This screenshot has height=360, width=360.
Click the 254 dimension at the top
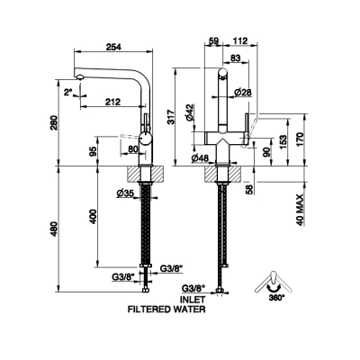click(113, 47)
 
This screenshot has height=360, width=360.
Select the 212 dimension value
click(112, 102)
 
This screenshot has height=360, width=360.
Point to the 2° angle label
click(68, 92)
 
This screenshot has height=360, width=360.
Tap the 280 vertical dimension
click(54, 123)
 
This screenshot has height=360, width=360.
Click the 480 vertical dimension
click(54, 229)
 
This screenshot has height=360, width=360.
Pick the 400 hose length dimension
click(94, 216)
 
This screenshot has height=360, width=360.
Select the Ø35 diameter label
click(125, 193)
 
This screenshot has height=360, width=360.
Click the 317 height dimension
click(170, 117)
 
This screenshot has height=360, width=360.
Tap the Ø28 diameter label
click(243, 93)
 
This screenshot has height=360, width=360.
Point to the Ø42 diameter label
click(190, 112)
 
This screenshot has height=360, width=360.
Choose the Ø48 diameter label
click(200, 157)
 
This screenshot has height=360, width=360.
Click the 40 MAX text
click(301, 210)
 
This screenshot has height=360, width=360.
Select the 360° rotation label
click(274, 298)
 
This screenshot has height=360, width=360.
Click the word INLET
click(193, 300)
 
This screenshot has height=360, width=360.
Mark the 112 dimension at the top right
click(240, 40)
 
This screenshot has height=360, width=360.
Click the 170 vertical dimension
click(300, 139)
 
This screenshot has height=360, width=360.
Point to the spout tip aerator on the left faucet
click(79, 77)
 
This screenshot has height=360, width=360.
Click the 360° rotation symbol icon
click(273, 283)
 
